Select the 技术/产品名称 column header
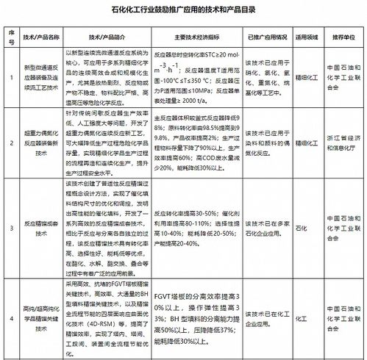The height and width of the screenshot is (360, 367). point(41,37)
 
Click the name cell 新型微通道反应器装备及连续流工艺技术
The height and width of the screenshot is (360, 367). point(41,76)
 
